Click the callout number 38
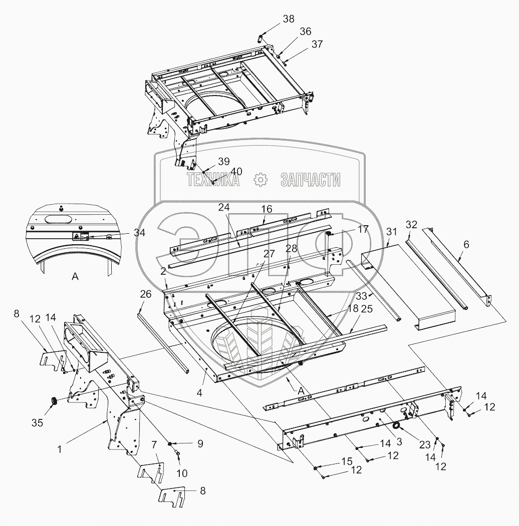(289, 19)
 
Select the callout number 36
(305, 32)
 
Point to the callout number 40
(236, 171)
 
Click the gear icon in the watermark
(260, 180)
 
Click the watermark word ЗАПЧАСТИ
(311, 180)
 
